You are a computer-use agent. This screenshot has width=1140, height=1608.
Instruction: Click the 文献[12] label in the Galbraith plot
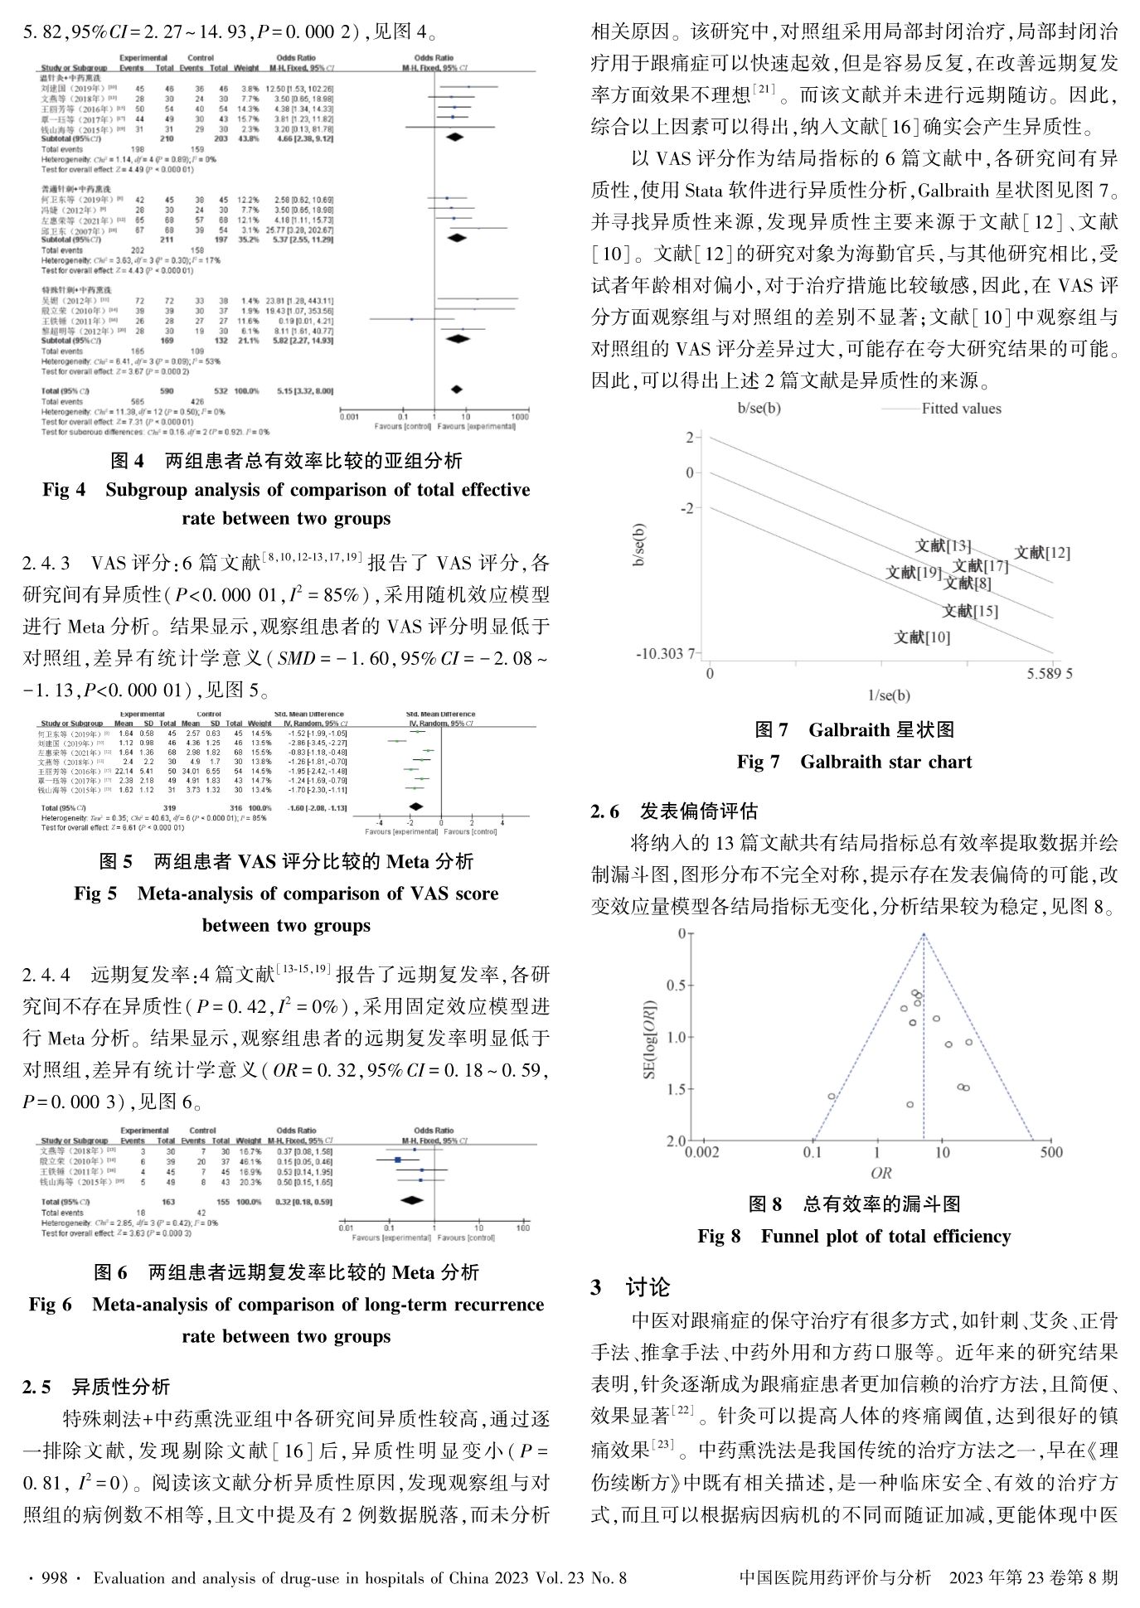tap(1041, 552)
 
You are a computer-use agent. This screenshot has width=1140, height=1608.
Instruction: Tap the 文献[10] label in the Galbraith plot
tap(921, 637)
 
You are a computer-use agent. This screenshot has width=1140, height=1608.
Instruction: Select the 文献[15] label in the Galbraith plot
tap(969, 611)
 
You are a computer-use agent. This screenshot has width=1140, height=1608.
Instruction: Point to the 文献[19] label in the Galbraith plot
tap(913, 572)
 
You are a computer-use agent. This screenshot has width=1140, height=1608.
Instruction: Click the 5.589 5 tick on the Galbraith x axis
tap(1049, 673)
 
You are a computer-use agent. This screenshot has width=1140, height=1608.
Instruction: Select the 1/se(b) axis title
tap(888, 695)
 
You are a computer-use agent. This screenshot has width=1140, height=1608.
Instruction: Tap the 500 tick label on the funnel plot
tap(1050, 1152)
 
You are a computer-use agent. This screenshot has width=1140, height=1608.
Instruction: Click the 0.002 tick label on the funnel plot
tap(701, 1152)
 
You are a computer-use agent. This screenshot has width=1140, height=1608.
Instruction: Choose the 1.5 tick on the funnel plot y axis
tap(677, 1089)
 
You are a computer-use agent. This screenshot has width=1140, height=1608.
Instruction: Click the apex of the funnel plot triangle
tap(924, 935)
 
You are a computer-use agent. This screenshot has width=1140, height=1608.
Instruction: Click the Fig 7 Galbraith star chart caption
tap(854, 762)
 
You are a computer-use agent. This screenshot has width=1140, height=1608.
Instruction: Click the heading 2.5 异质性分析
tap(96, 1387)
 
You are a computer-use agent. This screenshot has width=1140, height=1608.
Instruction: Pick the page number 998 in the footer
tap(51, 1577)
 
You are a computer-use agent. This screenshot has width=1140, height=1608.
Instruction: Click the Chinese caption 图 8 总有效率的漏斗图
tap(854, 1204)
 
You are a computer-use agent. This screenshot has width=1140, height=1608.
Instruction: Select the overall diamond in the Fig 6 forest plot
tap(411, 1199)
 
